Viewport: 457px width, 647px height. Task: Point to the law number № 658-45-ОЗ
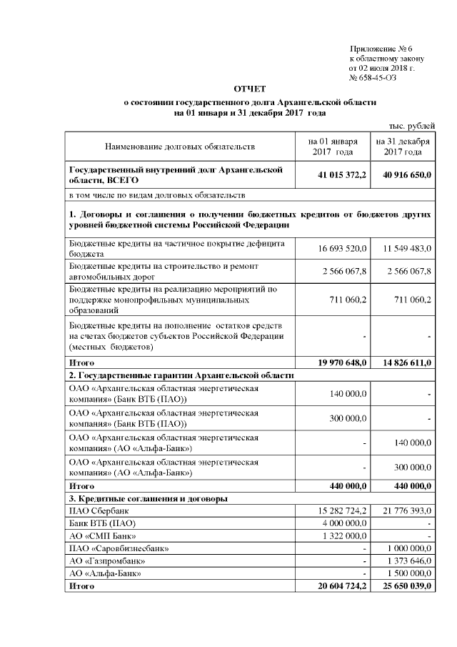[373, 77]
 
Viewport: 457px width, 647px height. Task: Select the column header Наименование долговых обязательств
[180, 147]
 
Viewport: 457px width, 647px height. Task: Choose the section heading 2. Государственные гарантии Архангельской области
[181, 375]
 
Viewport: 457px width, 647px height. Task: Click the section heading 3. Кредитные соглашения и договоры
[149, 498]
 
